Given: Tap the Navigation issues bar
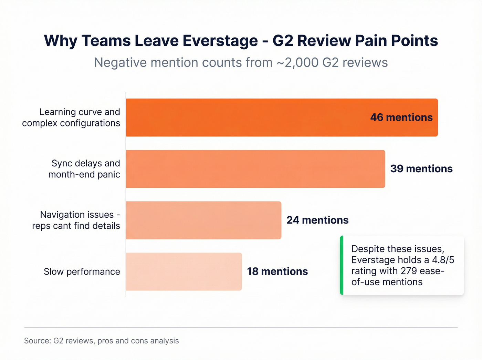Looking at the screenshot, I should (203, 220).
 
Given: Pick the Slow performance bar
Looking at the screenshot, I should (184, 271).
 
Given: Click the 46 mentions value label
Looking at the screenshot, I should (401, 117).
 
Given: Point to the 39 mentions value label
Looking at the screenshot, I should (421, 169).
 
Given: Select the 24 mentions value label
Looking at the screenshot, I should (317, 220).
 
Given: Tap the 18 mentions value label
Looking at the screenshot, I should (277, 271).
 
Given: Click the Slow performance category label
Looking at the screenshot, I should (82, 272).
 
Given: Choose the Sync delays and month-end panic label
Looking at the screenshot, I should (84, 169).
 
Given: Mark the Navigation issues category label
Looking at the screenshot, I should (76, 220).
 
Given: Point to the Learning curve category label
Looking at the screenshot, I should (71, 117).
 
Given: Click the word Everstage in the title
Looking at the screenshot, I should (220, 41).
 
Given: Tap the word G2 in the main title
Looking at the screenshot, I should (283, 41).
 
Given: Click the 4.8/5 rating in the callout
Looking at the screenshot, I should (443, 260).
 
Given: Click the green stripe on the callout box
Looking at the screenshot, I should (342, 265).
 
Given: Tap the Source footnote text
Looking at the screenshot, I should (102, 341).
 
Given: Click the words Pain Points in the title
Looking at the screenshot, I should (396, 41).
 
